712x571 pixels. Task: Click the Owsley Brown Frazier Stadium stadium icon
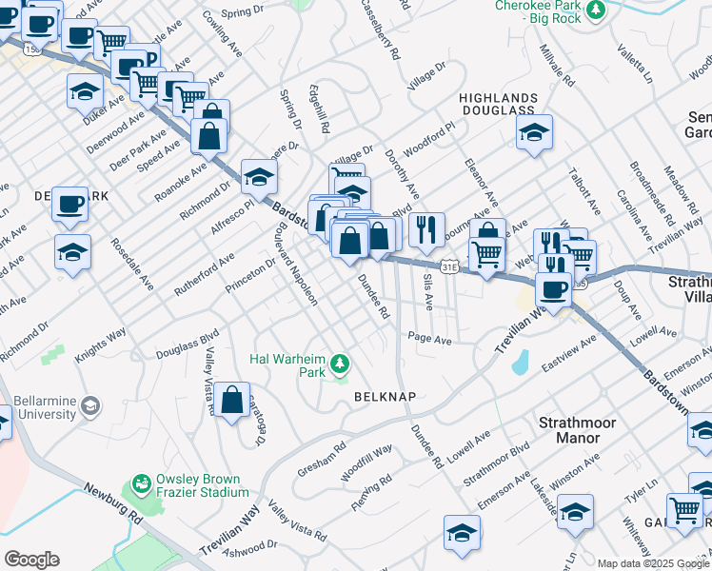point(142,484)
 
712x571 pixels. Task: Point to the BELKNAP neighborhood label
point(386,395)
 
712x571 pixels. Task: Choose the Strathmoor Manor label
point(577,430)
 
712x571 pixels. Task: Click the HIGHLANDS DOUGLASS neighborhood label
point(498,105)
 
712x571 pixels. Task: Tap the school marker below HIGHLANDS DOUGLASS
point(535,132)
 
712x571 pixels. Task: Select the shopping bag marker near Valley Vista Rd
point(231,400)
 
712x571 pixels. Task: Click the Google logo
point(31,560)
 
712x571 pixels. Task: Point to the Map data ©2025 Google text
point(653,563)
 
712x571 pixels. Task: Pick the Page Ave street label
point(428,339)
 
